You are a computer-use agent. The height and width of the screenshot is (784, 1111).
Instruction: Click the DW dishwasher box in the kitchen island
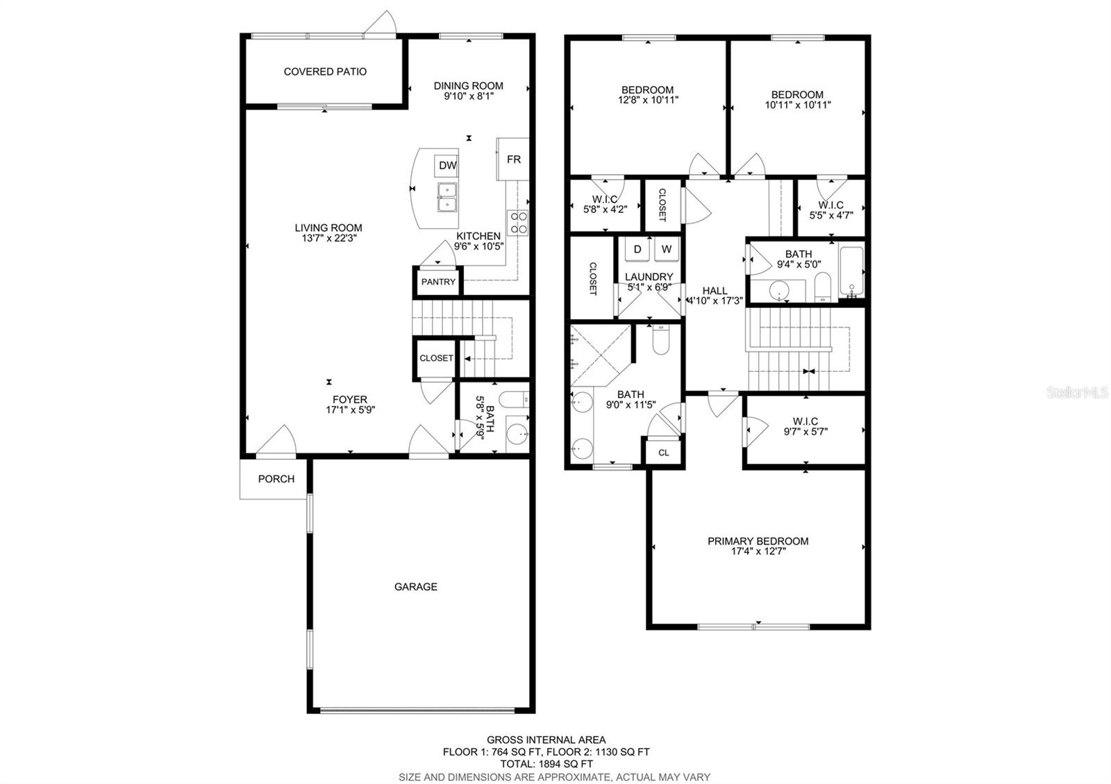(447, 165)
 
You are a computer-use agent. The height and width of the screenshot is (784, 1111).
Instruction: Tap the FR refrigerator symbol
(513, 159)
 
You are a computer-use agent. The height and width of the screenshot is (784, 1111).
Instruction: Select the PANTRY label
(438, 282)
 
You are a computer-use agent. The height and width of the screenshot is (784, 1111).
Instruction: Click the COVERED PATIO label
(325, 71)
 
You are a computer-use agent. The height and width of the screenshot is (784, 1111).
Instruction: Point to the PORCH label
(276, 479)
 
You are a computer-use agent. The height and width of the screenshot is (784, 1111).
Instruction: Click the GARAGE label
(415, 587)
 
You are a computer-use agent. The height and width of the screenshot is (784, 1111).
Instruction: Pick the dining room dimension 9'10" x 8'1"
(469, 96)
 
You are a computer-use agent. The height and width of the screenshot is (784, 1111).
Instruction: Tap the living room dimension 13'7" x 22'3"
(328, 238)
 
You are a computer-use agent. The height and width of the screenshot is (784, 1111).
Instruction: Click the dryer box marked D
(637, 249)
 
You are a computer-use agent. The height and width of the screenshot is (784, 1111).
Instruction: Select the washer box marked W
(666, 249)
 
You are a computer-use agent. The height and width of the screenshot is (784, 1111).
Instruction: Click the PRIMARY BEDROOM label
(758, 541)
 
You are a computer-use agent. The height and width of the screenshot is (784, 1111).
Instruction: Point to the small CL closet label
(663, 452)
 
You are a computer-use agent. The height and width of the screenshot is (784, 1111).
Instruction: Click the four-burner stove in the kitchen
(518, 223)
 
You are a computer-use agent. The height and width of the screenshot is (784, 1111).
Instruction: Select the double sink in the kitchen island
(446, 197)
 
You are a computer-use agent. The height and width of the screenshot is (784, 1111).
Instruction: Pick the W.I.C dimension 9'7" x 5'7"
(805, 431)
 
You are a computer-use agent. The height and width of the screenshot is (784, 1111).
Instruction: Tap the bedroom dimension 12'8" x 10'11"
(647, 100)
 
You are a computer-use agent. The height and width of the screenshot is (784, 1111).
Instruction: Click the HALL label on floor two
(715, 291)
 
